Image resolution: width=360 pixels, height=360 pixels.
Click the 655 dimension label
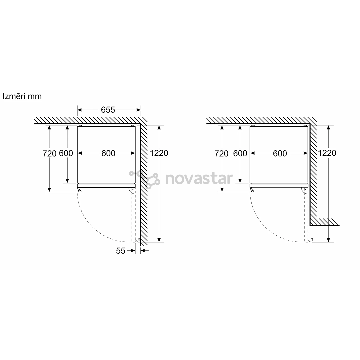[108, 110]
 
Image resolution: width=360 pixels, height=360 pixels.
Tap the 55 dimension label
[121, 251]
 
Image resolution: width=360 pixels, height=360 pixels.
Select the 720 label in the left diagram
[49, 153]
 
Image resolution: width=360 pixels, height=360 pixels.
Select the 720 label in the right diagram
[221, 153]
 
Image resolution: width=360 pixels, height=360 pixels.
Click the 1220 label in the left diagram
[159, 153]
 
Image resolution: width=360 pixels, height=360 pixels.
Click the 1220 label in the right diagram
[327, 153]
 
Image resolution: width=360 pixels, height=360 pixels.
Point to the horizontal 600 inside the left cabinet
[108, 153]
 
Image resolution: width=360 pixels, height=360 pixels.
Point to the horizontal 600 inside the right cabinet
[280, 153]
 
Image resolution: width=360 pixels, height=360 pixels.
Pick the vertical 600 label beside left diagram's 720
[66, 153]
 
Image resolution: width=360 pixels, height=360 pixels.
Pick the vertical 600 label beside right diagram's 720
[240, 153]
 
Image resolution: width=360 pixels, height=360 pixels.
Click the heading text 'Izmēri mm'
[22, 96]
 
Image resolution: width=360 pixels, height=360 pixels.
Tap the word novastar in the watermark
[199, 178]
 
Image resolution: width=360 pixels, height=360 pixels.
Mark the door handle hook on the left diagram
[79, 190]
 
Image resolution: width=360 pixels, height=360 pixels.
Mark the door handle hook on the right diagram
[252, 190]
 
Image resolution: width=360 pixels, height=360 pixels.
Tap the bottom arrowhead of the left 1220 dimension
[159, 240]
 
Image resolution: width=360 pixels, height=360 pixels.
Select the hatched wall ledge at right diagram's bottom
[324, 222]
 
